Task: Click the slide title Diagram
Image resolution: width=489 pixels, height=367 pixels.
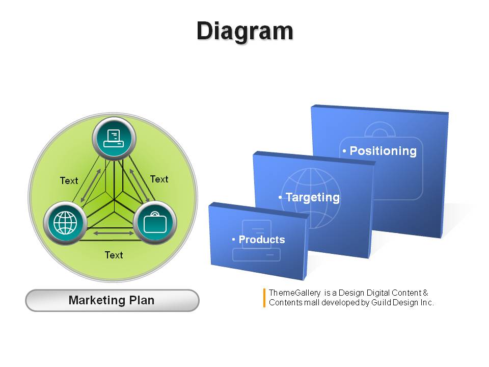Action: pyautogui.click(x=245, y=32)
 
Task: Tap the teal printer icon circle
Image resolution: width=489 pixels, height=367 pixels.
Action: pyautogui.click(x=114, y=139)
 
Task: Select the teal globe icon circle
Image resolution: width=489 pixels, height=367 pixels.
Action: pyautogui.click(x=65, y=223)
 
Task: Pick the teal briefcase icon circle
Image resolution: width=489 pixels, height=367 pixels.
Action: pyautogui.click(x=155, y=223)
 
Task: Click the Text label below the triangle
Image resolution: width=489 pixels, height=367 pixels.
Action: pyautogui.click(x=114, y=255)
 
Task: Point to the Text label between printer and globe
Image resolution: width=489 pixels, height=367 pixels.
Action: pyautogui.click(x=69, y=180)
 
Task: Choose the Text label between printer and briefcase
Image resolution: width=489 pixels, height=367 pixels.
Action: pyautogui.click(x=159, y=179)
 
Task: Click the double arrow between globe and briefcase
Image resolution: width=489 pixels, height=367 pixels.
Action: pyautogui.click(x=114, y=233)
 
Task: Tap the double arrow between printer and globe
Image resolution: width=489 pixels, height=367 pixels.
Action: pyautogui.click(x=91, y=186)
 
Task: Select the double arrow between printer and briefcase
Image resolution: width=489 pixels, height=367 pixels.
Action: pyautogui.click(x=140, y=186)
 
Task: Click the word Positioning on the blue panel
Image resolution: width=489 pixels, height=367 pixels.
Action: pyautogui.click(x=383, y=151)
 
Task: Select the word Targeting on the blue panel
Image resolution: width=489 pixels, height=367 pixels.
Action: pyautogui.click(x=313, y=198)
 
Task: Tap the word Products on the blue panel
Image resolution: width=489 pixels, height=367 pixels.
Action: pyautogui.click(x=262, y=240)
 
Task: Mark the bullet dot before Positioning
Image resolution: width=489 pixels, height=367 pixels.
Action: pyautogui.click(x=344, y=151)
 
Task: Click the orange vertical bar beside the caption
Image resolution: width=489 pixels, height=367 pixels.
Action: pyautogui.click(x=264, y=298)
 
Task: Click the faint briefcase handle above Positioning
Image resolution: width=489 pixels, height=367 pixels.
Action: pyautogui.click(x=380, y=129)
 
